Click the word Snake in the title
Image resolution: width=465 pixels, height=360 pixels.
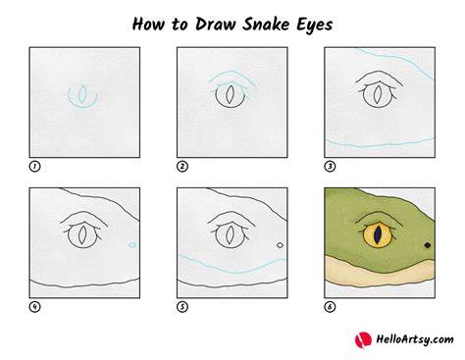pyautogui.click(x=266, y=25)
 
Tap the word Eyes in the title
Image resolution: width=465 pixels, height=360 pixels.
pyautogui.click(x=314, y=26)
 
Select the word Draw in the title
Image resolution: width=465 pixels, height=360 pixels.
pyautogui.click(x=215, y=25)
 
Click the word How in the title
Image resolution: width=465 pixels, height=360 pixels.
pyautogui.click(x=149, y=25)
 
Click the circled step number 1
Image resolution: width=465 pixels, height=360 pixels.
pyautogui.click(x=34, y=167)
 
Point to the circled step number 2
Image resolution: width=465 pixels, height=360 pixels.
pyautogui.click(x=182, y=167)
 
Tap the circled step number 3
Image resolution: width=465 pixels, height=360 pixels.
pyautogui.click(x=330, y=167)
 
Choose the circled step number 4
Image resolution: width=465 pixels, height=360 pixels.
pyautogui.click(x=34, y=307)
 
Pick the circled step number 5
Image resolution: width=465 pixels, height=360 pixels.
pyautogui.click(x=182, y=307)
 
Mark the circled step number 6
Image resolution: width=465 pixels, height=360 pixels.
pyautogui.click(x=330, y=307)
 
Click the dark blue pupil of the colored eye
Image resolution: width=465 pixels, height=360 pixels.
pyautogui.click(x=378, y=234)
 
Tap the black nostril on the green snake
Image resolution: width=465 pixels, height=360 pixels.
pyautogui.click(x=428, y=245)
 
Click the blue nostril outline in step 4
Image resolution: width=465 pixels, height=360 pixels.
pyautogui.click(x=132, y=245)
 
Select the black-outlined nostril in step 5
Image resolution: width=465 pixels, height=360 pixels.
pyautogui.click(x=280, y=245)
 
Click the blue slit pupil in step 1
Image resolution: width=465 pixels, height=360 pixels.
pyautogui.click(x=82, y=94)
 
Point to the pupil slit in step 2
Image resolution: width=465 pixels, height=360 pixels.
pyautogui.click(x=231, y=94)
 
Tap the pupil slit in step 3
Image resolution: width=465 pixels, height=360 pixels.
pyautogui.click(x=378, y=94)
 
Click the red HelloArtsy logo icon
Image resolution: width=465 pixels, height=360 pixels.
pyautogui.click(x=363, y=339)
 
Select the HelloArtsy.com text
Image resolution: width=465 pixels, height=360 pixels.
pyautogui.click(x=415, y=339)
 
